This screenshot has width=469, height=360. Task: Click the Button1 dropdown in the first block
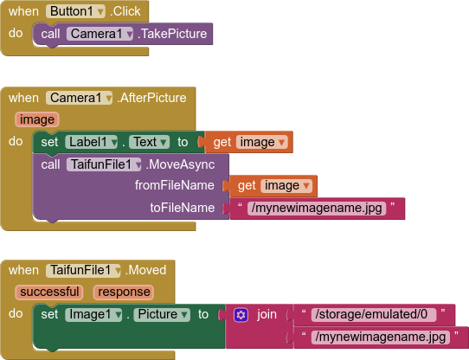(x=75, y=11)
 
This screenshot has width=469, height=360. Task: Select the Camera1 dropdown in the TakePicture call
(x=100, y=34)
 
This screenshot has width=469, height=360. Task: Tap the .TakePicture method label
(x=172, y=34)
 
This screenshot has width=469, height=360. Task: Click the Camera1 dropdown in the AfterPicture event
(x=79, y=98)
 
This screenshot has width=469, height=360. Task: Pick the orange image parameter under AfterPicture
(x=37, y=119)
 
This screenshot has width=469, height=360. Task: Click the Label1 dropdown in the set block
(x=91, y=142)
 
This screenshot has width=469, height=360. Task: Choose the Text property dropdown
(x=149, y=142)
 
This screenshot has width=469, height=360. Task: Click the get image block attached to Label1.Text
(x=249, y=142)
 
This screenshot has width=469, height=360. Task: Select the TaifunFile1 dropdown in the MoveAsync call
(x=104, y=164)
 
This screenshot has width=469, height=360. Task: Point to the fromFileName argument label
(x=175, y=185)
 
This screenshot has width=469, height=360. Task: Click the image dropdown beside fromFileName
(x=286, y=186)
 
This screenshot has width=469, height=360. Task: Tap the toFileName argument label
(x=183, y=208)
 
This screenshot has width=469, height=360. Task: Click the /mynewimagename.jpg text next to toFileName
(x=317, y=208)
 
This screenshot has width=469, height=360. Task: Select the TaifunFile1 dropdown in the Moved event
(x=83, y=270)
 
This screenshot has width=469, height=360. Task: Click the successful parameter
(x=49, y=292)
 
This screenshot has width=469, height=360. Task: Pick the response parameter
(x=124, y=292)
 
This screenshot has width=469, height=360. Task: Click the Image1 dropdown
(x=93, y=314)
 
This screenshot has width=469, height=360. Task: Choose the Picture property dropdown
(x=162, y=314)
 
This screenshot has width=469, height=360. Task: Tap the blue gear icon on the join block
(x=241, y=315)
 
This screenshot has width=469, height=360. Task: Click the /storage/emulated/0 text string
(x=374, y=314)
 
